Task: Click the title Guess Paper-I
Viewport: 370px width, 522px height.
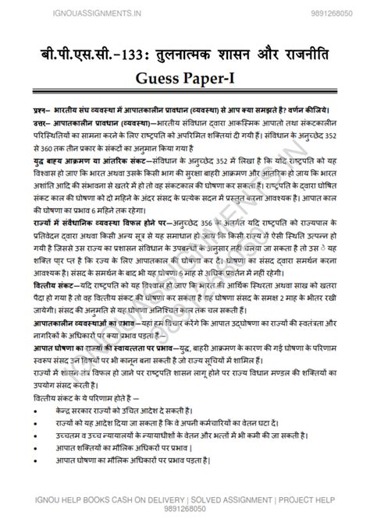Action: pos(185,78)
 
